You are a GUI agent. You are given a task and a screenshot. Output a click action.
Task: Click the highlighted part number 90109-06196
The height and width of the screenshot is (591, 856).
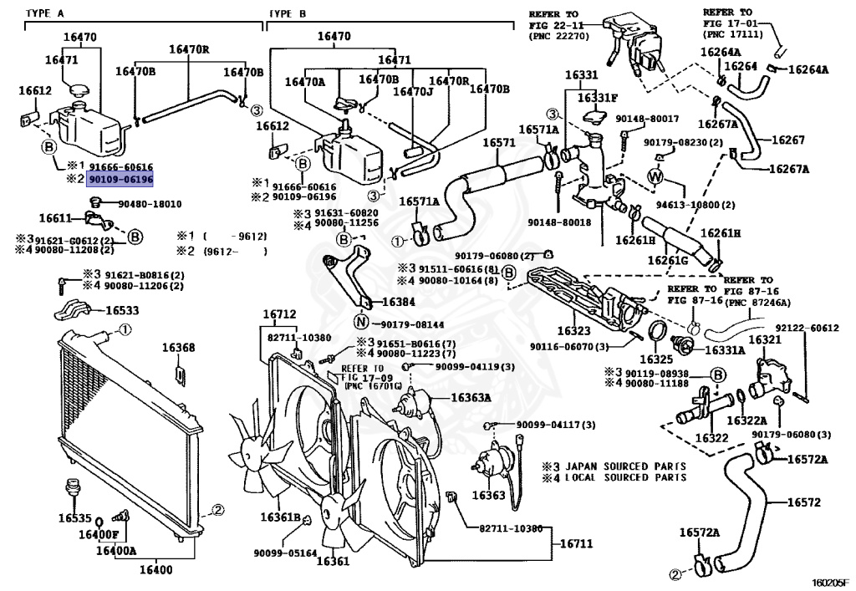pos(120,179)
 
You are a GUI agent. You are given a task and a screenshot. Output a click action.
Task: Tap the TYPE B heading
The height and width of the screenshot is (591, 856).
pos(288,13)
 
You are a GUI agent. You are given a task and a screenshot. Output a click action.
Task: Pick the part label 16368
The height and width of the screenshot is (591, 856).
pos(178,348)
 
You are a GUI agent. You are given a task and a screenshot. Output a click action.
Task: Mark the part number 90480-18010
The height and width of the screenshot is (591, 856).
pos(150,203)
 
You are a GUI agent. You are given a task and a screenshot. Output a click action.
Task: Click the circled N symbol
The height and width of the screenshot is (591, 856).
pos(361,323)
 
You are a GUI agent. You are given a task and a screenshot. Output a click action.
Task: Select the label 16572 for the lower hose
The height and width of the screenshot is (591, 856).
pos(803,502)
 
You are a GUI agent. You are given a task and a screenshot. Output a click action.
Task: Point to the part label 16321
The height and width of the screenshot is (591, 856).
pos(764,340)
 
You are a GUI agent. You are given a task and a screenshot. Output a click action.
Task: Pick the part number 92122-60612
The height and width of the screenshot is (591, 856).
pos(807,329)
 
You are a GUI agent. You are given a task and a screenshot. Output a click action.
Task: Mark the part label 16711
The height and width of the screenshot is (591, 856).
pos(575,543)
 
